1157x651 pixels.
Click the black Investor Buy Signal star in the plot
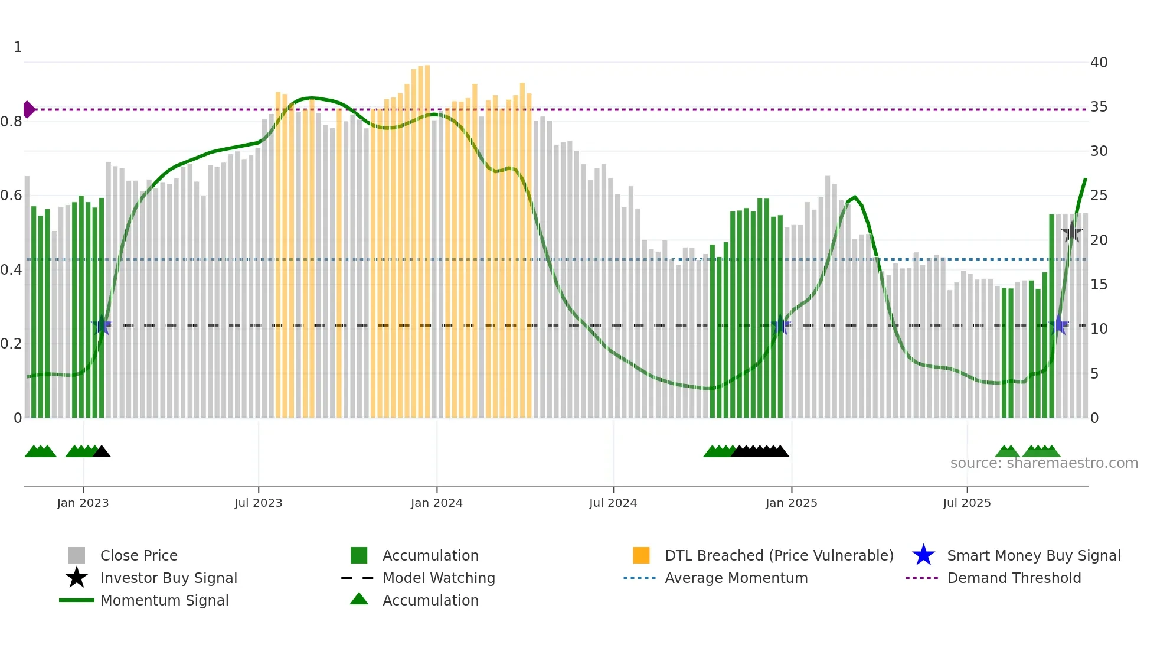[1071, 232]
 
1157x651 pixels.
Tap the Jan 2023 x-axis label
[83, 503]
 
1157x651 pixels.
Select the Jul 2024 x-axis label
[613, 503]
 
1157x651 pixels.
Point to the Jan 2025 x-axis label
[791, 503]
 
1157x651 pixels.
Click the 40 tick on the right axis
[1099, 63]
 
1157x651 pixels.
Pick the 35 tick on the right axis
[1099, 107]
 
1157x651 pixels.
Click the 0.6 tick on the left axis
[11, 196]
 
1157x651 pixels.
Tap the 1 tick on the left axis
[18, 47]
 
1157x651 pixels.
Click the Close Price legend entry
[139, 555]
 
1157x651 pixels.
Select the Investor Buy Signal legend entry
[168, 578]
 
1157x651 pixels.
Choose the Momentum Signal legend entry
[164, 600]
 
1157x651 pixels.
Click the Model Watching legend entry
[439, 578]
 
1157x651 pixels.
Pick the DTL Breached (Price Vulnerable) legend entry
[779, 555]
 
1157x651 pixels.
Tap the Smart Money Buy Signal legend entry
[1033, 555]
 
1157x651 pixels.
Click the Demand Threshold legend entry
[1014, 578]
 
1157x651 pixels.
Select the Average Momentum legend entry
[736, 578]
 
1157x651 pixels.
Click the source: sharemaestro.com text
[1044, 463]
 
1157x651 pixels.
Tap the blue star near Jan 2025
[780, 324]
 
